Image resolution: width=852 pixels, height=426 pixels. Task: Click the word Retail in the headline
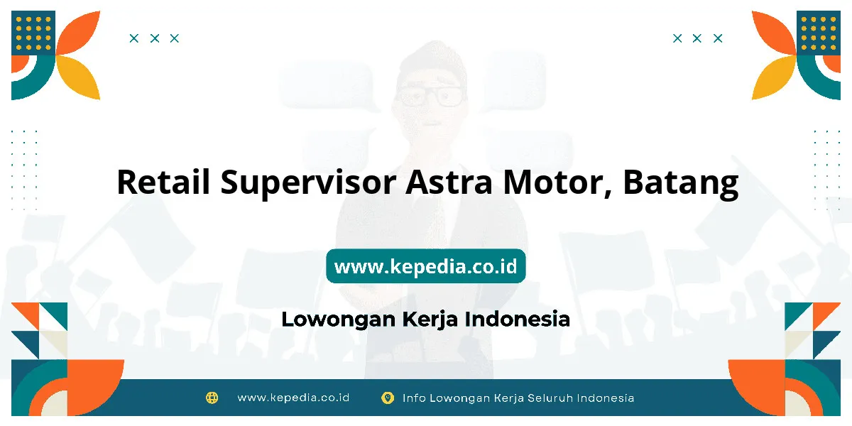tap(163, 182)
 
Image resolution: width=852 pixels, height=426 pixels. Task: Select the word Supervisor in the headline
tap(308, 184)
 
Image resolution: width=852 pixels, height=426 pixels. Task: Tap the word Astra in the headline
tap(449, 182)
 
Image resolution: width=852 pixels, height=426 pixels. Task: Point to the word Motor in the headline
tap(557, 183)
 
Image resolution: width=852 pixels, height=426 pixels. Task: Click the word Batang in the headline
tap(681, 184)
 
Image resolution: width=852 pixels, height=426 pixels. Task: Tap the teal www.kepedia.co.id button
tap(425, 266)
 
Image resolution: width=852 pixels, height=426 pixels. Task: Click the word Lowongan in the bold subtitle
tap(339, 319)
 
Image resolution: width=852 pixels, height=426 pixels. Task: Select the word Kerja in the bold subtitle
tap(430, 319)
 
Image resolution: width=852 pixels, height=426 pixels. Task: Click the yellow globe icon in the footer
tap(212, 398)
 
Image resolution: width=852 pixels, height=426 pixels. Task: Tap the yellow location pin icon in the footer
tap(388, 398)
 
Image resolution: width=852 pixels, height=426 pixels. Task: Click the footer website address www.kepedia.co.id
tap(293, 398)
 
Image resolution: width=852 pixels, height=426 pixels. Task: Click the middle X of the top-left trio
tap(155, 38)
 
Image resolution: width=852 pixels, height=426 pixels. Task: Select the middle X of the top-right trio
tap(697, 38)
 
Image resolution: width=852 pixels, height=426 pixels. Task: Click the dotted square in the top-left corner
tap(33, 33)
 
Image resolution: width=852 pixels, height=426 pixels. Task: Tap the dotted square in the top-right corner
tap(819, 33)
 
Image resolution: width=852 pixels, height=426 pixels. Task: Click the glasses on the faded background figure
tap(430, 96)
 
